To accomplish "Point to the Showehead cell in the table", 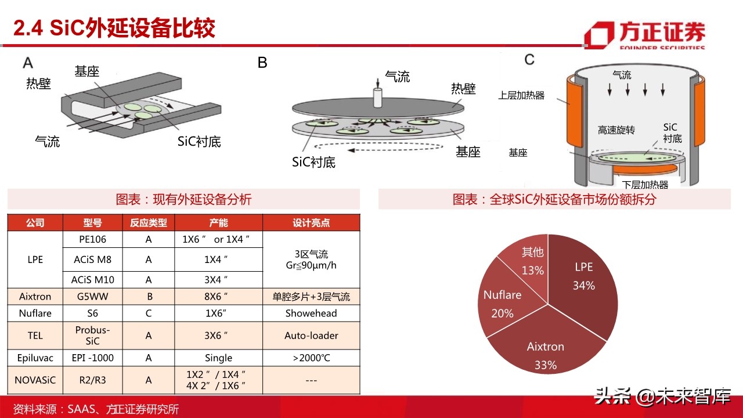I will click(x=311, y=313).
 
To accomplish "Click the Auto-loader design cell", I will click(x=311, y=336).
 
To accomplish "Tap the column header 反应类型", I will click(x=149, y=223).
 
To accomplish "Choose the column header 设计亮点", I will click(x=311, y=223).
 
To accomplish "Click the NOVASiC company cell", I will click(x=35, y=380).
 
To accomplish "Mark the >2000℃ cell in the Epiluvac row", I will click(x=311, y=358).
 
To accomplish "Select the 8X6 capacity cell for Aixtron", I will click(x=218, y=297).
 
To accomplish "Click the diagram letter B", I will click(x=262, y=63).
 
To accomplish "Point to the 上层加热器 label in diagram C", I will click(x=521, y=95).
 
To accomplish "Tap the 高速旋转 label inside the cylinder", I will click(x=616, y=130).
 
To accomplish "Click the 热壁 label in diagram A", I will click(x=38, y=84).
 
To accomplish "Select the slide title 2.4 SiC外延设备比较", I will click(x=114, y=28).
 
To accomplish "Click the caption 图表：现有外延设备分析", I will click(x=183, y=200).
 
